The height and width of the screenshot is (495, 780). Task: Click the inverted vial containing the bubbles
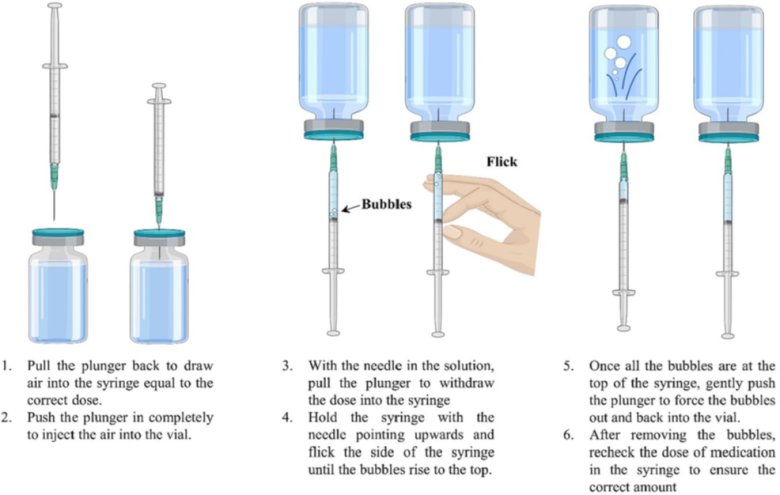click(x=624, y=70)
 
